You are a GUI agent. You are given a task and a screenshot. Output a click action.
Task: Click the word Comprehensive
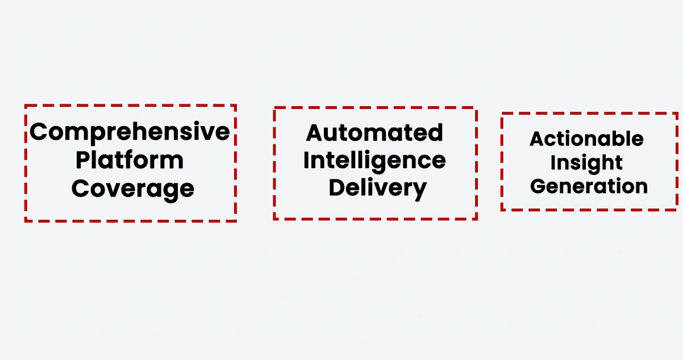pos(130,132)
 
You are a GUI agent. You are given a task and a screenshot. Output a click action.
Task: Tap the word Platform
pos(130,160)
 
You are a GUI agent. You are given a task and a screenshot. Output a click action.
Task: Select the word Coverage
pos(133,188)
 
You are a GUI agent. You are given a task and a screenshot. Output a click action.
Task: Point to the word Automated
pos(374,133)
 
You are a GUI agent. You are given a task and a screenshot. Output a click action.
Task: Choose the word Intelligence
pos(374,161)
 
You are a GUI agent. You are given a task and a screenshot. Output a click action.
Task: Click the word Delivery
pos(377,188)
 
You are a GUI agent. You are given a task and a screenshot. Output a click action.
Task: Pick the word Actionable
pos(587,139)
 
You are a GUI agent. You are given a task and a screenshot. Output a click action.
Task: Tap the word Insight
pos(587,163)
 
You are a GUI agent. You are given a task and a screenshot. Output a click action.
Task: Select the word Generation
pos(589,186)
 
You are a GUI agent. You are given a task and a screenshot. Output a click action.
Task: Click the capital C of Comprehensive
pos(39,132)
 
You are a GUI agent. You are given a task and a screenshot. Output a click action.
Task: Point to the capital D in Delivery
pos(337,187)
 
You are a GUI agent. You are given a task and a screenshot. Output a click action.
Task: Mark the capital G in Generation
pos(538,186)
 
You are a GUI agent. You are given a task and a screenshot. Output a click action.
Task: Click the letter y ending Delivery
pos(419,190)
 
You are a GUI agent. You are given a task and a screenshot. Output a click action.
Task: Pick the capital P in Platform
pos(84,160)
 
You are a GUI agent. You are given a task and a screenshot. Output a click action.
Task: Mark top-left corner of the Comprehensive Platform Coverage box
pos(26,106)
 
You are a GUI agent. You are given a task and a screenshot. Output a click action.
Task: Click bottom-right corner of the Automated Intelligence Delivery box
pos(476,219)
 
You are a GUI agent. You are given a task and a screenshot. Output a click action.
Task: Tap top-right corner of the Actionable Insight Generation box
pos(677,114)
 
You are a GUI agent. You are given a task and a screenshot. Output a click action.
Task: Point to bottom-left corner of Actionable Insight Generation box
pos(502,210)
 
